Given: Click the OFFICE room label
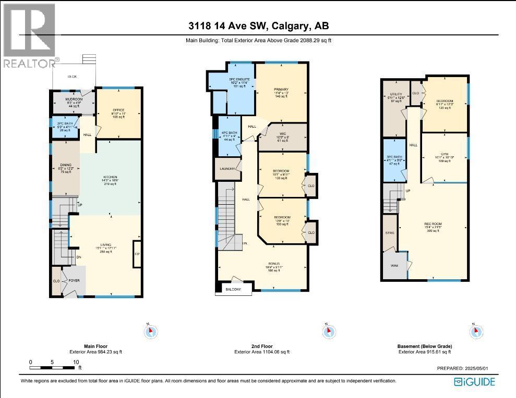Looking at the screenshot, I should point(118,110).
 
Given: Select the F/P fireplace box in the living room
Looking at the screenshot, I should point(137,254).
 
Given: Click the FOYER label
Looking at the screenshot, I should point(75,279).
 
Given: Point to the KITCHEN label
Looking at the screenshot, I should point(110,177).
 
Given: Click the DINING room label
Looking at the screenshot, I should point(65,165).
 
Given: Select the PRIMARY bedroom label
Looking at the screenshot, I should point(281,90).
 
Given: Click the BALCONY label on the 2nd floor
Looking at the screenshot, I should point(233,290).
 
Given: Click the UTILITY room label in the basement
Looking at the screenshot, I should point(396,94).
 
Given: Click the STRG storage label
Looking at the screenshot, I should point(389,233).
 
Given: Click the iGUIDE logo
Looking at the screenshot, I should point(474,382).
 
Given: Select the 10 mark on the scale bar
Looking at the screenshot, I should point(76,362).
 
